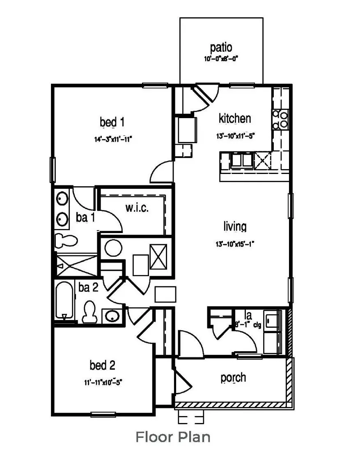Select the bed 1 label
coord(112,122)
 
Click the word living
coord(235,226)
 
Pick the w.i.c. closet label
coord(137,208)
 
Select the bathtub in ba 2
coord(64,300)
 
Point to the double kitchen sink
coord(242,160)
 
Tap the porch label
coord(233,377)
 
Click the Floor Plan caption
coord(173,437)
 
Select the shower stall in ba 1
coord(77,265)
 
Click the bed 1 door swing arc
coord(161,172)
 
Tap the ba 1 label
coord(85,218)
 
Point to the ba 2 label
coord(88,288)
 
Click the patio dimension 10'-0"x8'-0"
coord(221,59)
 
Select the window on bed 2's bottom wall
coord(103,414)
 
